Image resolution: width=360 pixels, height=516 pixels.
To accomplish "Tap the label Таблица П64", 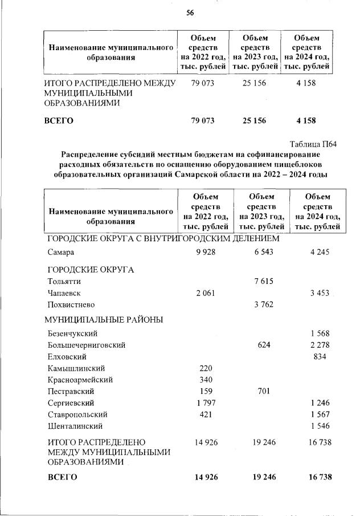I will tap(313, 144).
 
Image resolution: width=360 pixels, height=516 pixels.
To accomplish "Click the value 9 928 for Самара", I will tap(206, 252).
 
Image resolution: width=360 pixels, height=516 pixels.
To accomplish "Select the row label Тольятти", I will tap(64, 281).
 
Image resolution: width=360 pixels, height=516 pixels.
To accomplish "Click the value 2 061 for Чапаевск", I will tap(206, 292).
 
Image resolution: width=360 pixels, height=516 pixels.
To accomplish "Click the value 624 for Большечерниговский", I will tap(264, 345).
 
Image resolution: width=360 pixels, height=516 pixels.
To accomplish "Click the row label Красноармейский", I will tap(80, 380).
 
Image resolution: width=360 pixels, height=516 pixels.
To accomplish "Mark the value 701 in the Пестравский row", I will tap(264, 391).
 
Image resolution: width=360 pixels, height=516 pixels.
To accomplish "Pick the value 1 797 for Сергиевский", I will tap(206, 403).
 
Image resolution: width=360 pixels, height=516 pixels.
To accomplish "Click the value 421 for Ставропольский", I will tap(205, 415).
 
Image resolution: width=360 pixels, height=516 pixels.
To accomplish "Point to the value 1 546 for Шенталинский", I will tap(320, 426).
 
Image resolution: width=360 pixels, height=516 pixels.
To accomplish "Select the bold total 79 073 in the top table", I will tap(200, 121).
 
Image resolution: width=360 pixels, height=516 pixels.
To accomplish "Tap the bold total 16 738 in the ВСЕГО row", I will tap(318, 477).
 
